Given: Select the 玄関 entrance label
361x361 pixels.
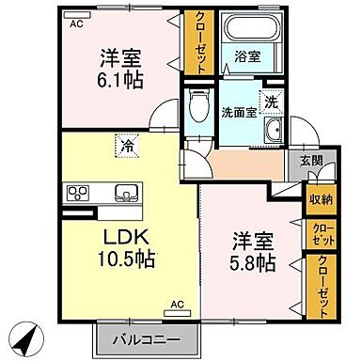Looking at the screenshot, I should click(x=311, y=161).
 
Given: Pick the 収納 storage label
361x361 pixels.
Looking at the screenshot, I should click(x=319, y=198).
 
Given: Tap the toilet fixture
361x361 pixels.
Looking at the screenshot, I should click(x=197, y=108).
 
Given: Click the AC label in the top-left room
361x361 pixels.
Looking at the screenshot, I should click(x=75, y=25).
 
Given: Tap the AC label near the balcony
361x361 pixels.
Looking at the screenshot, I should click(x=176, y=304).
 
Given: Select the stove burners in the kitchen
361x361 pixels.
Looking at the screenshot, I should click(x=75, y=193).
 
